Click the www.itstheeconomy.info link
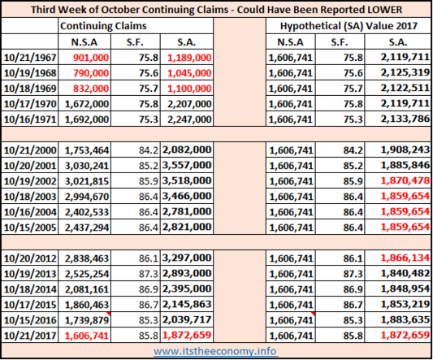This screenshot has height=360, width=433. [215, 351]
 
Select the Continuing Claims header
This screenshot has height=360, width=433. [103, 26]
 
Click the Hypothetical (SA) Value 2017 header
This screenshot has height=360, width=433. [349, 26]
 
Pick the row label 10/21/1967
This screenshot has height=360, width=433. [30, 58]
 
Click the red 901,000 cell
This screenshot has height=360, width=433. [91, 58]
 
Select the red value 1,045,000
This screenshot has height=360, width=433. [189, 73]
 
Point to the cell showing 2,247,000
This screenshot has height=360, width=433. [189, 119]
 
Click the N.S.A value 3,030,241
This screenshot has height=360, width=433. [87, 166]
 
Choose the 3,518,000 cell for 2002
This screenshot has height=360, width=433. [187, 181]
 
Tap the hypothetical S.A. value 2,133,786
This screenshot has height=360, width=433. [405, 119]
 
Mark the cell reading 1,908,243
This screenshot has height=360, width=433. [405, 150]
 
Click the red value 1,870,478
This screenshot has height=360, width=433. [405, 181]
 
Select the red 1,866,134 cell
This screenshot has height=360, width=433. [405, 258]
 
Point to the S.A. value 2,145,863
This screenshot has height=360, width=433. [187, 305]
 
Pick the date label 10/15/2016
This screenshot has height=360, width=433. [30, 320]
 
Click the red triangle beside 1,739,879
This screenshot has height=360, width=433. [109, 314]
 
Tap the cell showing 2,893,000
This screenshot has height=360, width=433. [187, 274]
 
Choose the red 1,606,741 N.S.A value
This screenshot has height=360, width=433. [87, 336]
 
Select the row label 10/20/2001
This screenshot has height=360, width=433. [30, 166]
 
